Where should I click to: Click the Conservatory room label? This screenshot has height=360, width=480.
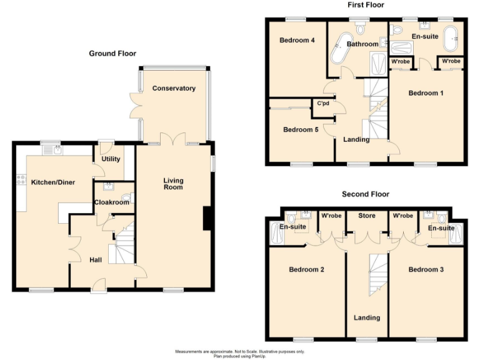click(174, 88)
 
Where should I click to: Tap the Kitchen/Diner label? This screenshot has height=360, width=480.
click(53, 182)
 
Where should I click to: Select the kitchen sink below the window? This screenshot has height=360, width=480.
click(57, 149)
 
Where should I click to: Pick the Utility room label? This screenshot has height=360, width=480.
click(111, 160)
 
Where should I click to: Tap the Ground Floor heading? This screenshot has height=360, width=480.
click(112, 54)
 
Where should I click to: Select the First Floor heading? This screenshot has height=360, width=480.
click(366, 5)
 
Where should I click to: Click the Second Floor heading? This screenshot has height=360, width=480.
click(366, 194)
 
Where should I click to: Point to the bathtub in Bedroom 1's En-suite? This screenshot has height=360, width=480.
click(451, 39)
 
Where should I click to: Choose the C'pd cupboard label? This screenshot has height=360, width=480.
click(323, 104)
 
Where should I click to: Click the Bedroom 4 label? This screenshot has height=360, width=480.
click(296, 41)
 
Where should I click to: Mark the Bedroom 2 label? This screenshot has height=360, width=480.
click(306, 270)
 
